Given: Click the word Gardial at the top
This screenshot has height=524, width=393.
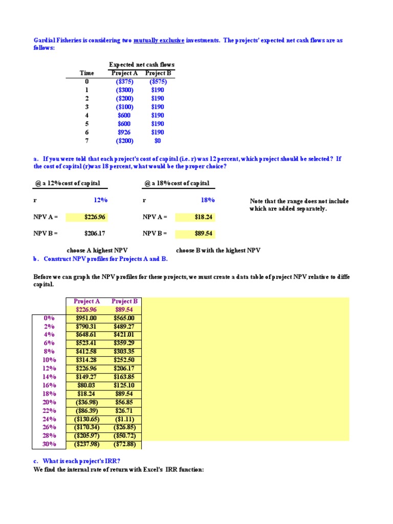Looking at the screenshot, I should point(45,40).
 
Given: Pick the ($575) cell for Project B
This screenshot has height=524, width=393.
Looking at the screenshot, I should point(158,81).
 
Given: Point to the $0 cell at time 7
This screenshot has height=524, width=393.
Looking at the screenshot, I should point(158,141).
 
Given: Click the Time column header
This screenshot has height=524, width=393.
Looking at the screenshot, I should point(87,73).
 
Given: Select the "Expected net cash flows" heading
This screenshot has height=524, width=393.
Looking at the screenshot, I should point(141,64).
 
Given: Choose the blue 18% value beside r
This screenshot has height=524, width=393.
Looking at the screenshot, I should point(208,200).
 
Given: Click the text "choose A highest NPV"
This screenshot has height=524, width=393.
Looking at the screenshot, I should point(97,250).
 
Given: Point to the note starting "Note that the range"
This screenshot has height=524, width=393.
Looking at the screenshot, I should point(299,201).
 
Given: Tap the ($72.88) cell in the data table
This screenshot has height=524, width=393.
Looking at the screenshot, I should point(124,444).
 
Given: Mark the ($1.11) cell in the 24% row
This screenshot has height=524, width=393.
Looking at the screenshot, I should point(124,419).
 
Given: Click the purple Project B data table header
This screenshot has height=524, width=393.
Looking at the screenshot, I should point(124,301).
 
